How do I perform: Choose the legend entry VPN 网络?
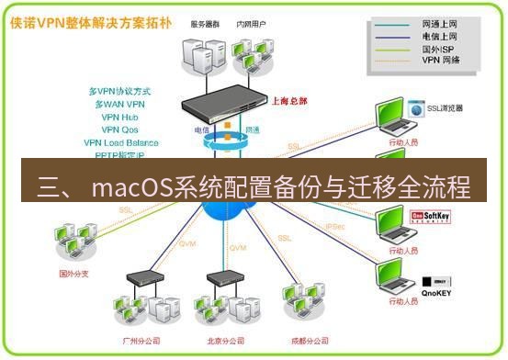[440, 61]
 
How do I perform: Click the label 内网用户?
[254, 24]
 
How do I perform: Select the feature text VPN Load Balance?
[120, 143]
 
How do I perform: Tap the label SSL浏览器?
[445, 108]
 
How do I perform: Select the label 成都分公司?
[308, 341]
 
